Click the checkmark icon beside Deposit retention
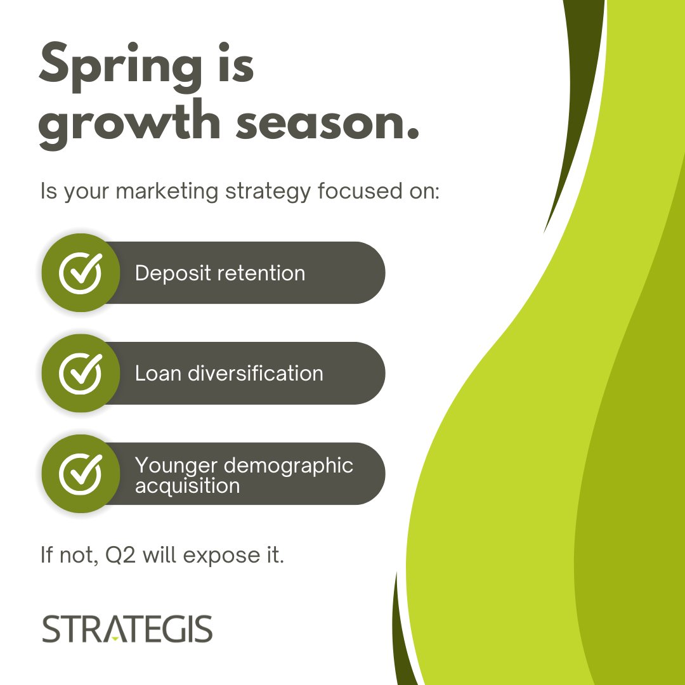click(x=81, y=273)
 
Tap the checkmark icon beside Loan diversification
click(x=81, y=373)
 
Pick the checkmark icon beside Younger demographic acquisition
click(x=81, y=474)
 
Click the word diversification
click(x=256, y=373)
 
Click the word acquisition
click(x=187, y=486)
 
